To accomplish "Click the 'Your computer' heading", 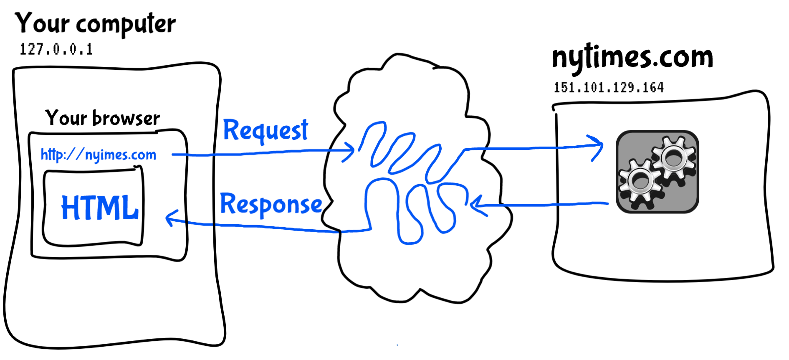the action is point(95,24).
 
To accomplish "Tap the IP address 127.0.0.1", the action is point(56,49).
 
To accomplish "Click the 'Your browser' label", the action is point(102,118).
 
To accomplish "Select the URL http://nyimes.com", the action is point(99,155).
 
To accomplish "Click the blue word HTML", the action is point(100,208).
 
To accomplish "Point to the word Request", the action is point(266,130).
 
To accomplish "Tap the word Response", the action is point(271,204).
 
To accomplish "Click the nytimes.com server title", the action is point(632,58).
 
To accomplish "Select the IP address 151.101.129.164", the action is point(609,87).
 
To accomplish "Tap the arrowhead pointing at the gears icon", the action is point(597,147).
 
